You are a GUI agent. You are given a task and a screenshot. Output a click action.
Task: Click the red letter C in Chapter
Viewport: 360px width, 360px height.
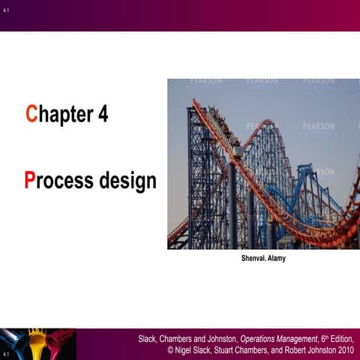[x=31, y=115]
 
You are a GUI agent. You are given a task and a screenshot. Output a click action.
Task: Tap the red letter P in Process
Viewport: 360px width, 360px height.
[x=30, y=181]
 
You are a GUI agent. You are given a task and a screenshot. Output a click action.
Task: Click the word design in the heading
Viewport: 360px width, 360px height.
[x=127, y=181]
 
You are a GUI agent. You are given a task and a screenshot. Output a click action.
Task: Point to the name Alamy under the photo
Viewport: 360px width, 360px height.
[x=274, y=259]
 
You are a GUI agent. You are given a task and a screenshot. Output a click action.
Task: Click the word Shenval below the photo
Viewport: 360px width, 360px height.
[x=244, y=259]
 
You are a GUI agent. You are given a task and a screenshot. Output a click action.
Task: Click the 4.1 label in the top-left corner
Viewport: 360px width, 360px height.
[x=6, y=9]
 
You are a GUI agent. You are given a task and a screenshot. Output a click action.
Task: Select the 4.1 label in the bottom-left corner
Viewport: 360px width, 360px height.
[x=6, y=353]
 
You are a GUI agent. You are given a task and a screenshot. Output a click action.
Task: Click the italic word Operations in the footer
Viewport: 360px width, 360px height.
[x=258, y=340]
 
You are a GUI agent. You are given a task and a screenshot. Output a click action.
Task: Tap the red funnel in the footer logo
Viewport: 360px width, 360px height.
[x=59, y=341]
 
